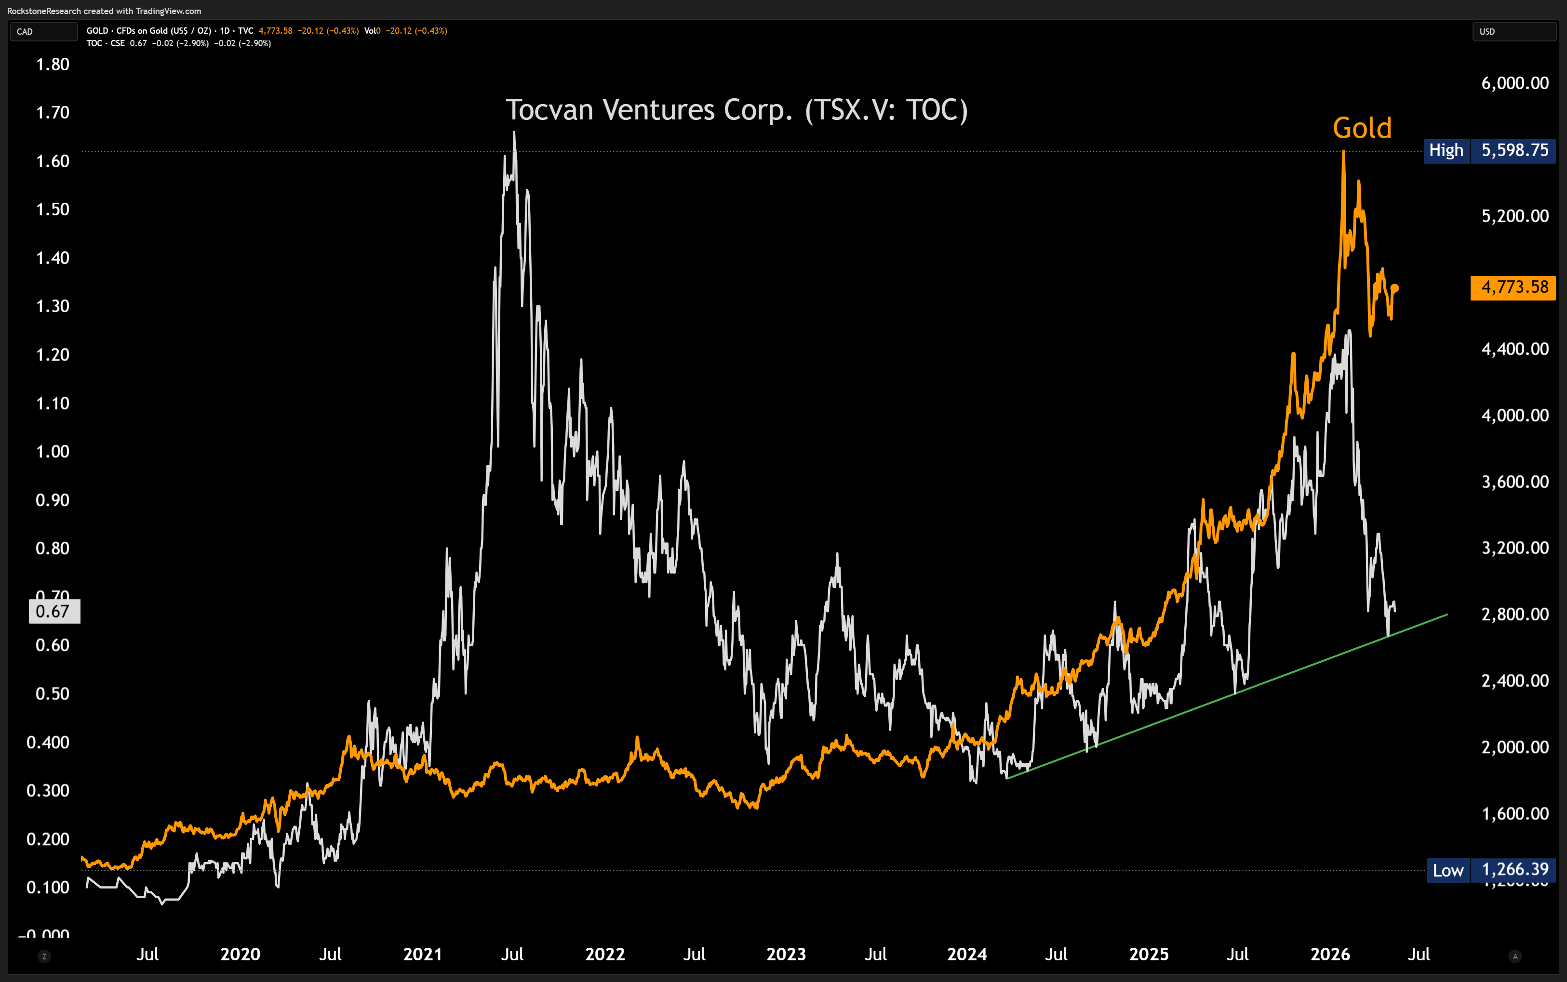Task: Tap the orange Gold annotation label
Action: pyautogui.click(x=1362, y=128)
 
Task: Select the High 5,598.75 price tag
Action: pyautogui.click(x=1489, y=151)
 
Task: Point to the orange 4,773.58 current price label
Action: pyautogui.click(x=1513, y=287)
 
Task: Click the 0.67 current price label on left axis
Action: pyautogui.click(x=54, y=611)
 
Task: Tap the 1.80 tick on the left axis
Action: pyautogui.click(x=53, y=65)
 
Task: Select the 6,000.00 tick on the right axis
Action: pyautogui.click(x=1514, y=83)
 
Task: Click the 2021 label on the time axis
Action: pyautogui.click(x=422, y=954)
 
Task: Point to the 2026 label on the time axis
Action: pyautogui.click(x=1330, y=954)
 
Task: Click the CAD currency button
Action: pyautogui.click(x=43, y=31)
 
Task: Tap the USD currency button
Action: pyautogui.click(x=1513, y=31)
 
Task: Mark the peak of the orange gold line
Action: pyautogui.click(x=1343, y=151)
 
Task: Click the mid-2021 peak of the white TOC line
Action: pyautogui.click(x=514, y=132)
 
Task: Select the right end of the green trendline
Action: pyautogui.click(x=1447, y=614)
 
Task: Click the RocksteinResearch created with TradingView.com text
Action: pyautogui.click(x=104, y=11)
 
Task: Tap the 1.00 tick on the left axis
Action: pyautogui.click(x=53, y=451)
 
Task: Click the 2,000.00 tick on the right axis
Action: pyautogui.click(x=1514, y=747)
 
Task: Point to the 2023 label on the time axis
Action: pyautogui.click(x=786, y=954)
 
